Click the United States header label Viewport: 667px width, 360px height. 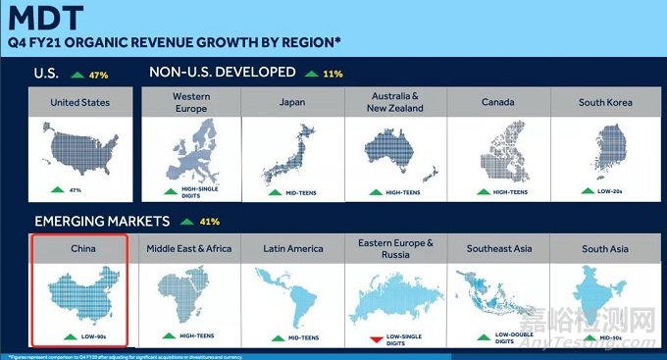pyautogui.click(x=79, y=102)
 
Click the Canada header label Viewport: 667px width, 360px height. pyautogui.click(x=500, y=102)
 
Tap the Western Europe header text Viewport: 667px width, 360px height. pyautogui.click(x=191, y=102)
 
